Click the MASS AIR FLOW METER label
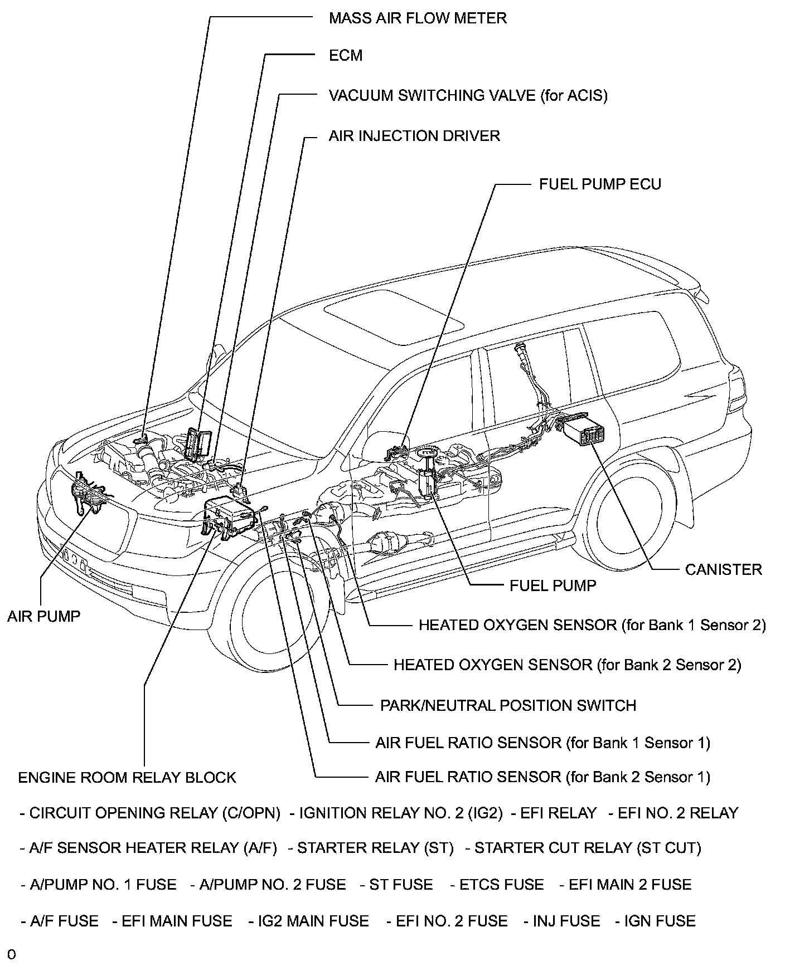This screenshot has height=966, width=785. coord(418,18)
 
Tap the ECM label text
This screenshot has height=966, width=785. coord(346,55)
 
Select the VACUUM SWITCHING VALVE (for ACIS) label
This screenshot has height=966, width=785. coord(468,95)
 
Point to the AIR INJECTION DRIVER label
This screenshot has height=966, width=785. coord(414,136)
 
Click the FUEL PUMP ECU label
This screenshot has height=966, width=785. coord(600,184)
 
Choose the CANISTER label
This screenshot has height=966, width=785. coord(723,569)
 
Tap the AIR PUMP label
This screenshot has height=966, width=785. coord(43,616)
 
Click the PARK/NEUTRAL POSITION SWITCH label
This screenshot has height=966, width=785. coord(508,705)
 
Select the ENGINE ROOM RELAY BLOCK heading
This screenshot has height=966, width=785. coord(127,777)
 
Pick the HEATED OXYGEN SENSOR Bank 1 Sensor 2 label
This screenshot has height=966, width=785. coord(592,625)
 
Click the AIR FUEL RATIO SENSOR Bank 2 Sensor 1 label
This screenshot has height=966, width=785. coord(542,777)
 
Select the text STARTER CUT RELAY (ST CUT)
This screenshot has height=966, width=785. coord(588,848)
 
